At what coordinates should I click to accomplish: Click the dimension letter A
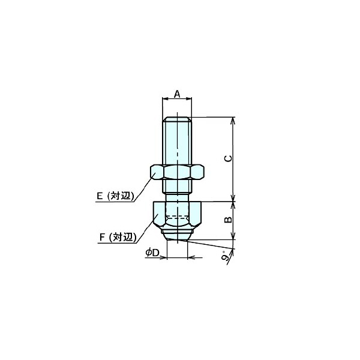pyautogui.click(x=177, y=94)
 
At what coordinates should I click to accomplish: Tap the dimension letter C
pyautogui.click(x=228, y=158)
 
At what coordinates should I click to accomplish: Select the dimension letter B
pyautogui.click(x=228, y=220)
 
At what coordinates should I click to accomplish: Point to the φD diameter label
pyautogui.click(x=152, y=253)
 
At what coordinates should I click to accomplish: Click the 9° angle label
pyautogui.click(x=226, y=257)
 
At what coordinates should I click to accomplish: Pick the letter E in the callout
pyautogui.click(x=100, y=196)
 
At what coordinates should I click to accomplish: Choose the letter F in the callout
pyautogui.click(x=102, y=237)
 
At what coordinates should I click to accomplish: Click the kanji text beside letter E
pyautogui.click(x=121, y=196)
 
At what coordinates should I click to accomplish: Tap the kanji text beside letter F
pyautogui.click(x=123, y=237)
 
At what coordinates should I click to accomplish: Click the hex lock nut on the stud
pyautogui.click(x=177, y=172)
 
